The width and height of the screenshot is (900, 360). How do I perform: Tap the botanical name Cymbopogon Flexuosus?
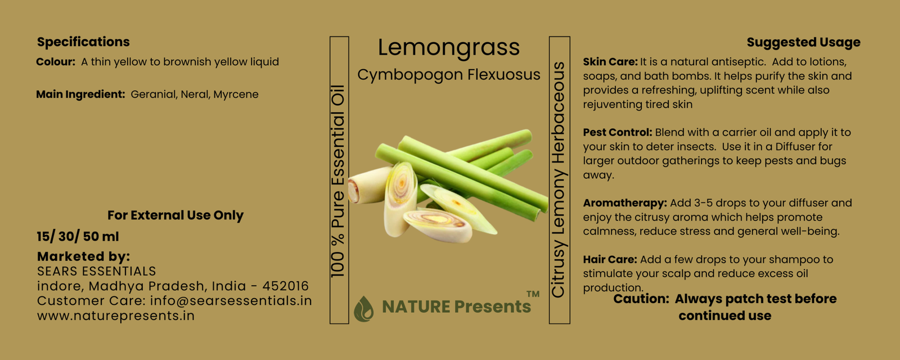pos(449,75)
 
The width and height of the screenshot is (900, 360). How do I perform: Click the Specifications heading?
pos(83,42)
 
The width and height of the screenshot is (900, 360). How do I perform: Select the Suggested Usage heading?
pos(804,42)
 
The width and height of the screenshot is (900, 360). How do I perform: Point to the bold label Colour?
pos(56,62)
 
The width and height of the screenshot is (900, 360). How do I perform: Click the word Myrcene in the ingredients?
pos(236,95)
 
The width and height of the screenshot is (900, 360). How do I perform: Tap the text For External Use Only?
pos(175,215)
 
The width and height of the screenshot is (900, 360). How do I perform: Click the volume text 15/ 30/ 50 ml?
pos(78,237)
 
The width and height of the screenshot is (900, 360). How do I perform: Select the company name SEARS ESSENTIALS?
pos(96,271)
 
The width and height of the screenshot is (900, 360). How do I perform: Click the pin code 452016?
pos(285,286)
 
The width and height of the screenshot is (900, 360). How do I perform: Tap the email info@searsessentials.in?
pos(231,300)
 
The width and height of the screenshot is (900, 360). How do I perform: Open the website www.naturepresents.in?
pos(116,316)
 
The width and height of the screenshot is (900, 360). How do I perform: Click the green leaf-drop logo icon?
pos(363,309)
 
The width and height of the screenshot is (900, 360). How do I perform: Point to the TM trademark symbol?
pos(533,294)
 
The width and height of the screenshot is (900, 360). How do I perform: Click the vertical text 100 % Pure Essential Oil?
pos(338,181)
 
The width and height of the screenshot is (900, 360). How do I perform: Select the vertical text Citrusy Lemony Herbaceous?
pos(559,179)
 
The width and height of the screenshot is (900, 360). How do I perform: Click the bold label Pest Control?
pos(617,133)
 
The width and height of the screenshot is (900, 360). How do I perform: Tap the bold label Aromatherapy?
pos(625,203)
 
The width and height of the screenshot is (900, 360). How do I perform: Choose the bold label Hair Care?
pos(610,259)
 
